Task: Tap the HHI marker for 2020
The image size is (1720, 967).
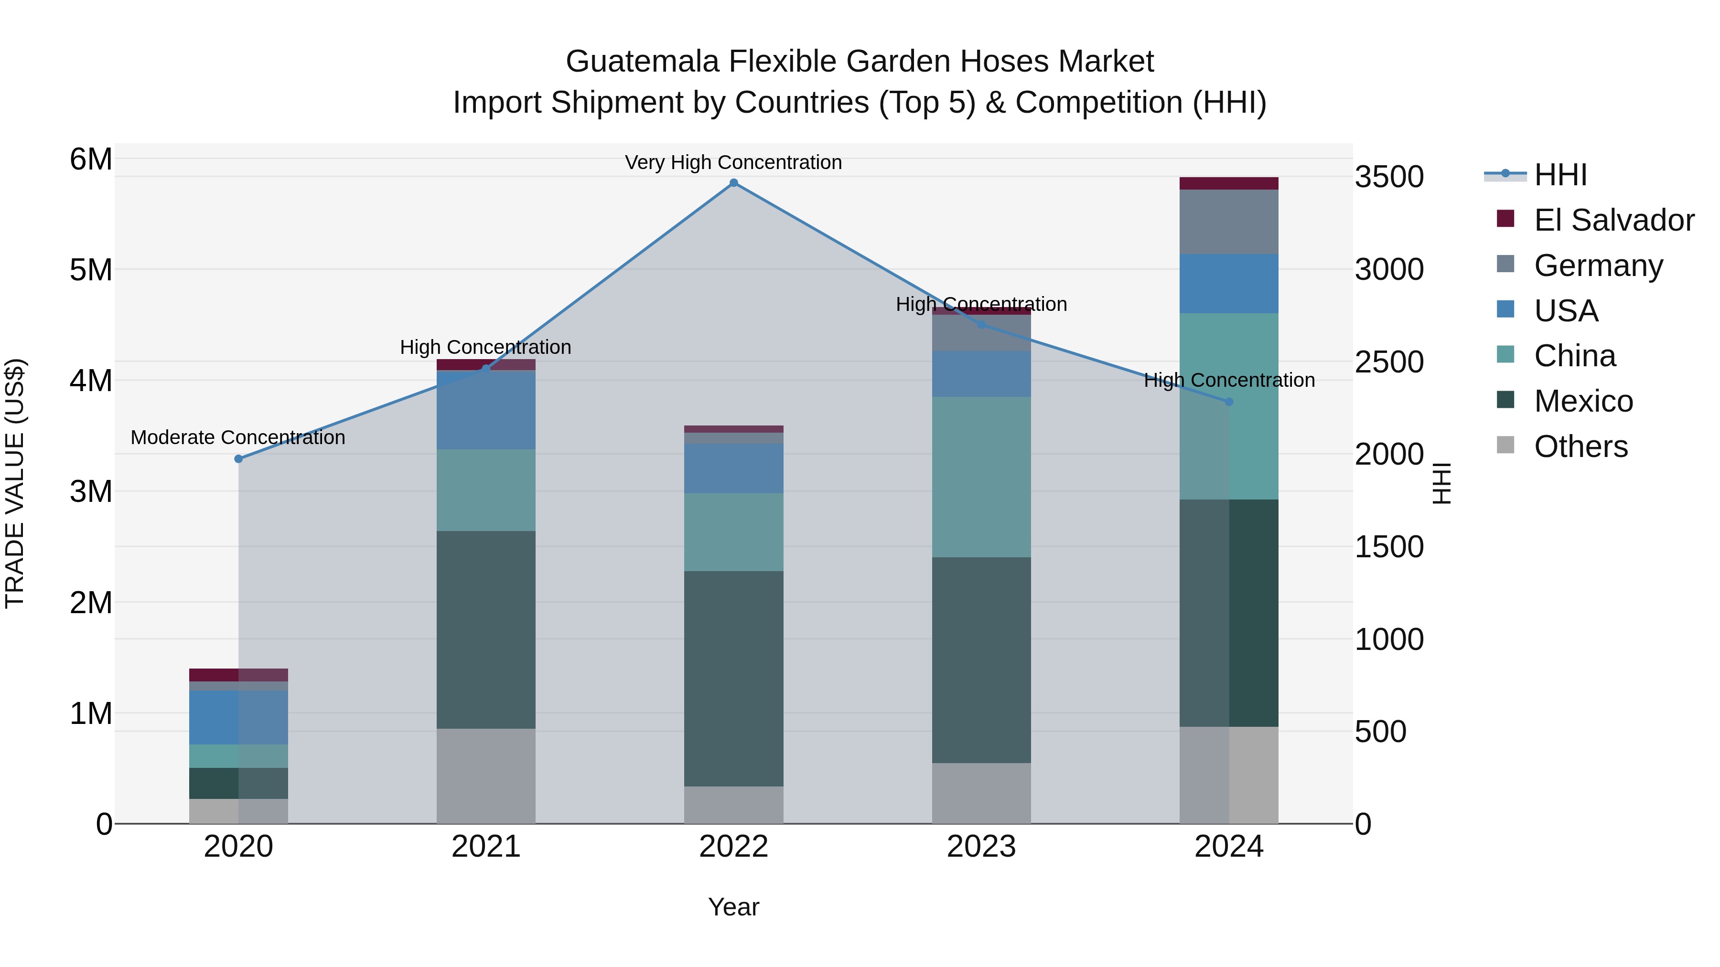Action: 238,458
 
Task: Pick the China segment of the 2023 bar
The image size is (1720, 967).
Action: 981,477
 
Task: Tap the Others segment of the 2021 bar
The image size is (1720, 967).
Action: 485,776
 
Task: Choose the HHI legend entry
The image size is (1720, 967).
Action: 1560,175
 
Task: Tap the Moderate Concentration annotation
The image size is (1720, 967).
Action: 238,438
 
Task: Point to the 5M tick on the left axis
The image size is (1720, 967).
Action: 91,270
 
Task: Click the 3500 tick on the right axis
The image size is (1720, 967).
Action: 1389,178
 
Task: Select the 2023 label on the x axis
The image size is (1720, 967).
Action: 981,847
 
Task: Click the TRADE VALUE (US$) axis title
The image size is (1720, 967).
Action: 15,483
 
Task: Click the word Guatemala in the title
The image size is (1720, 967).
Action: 642,62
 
